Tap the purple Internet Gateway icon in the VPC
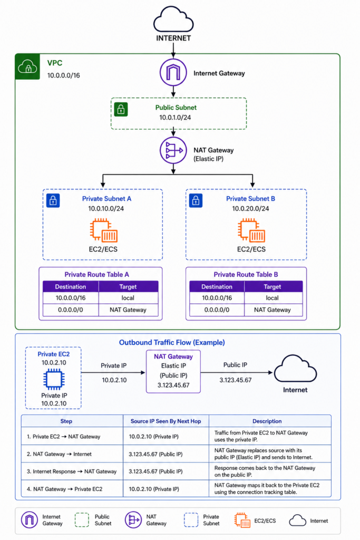tap(173, 72)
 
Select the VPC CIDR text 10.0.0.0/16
tap(63, 75)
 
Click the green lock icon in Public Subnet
tap(121, 110)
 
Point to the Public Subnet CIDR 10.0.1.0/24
tap(175, 118)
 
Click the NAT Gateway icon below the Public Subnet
tap(173, 150)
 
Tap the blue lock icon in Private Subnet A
tap(53, 200)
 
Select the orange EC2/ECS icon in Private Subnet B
tap(251, 230)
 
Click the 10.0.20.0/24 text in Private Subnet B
tap(250, 208)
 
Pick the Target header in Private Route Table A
tap(128, 286)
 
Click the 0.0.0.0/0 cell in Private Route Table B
tap(217, 310)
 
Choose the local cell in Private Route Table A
tap(128, 298)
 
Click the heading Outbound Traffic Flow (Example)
tap(172, 342)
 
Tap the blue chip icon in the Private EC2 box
tap(54, 379)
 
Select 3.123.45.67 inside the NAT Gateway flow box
tap(173, 385)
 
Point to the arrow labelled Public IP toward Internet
tap(237, 372)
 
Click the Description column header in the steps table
tap(267, 421)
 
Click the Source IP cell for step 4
tap(154, 489)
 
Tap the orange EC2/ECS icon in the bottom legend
tap(242, 520)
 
